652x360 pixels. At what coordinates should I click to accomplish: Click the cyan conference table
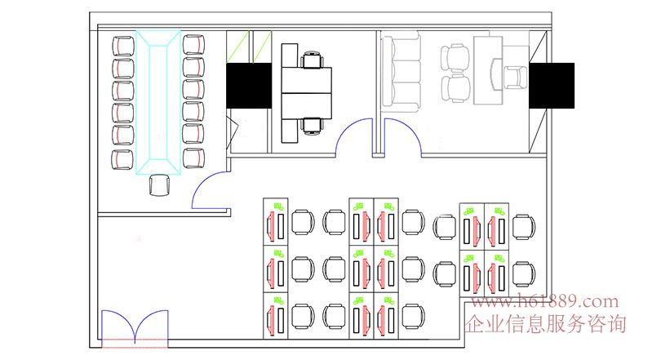[x=158, y=102]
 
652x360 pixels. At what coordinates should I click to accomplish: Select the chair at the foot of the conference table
[x=159, y=185]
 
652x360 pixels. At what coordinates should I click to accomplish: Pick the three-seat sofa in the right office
[x=401, y=73]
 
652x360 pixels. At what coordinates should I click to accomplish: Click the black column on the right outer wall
[x=552, y=86]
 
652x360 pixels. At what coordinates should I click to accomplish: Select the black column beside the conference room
[x=249, y=86]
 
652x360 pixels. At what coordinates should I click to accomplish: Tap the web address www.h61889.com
[x=545, y=301]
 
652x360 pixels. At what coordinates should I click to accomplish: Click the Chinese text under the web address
[x=546, y=324]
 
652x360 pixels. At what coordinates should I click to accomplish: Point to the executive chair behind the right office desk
[x=516, y=78]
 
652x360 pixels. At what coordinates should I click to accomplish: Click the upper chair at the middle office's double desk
[x=313, y=60]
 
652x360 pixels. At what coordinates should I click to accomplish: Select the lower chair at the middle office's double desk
[x=313, y=126]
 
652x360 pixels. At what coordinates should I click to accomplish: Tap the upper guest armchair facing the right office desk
[x=455, y=59]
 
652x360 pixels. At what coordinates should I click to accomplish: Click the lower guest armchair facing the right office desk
[x=455, y=88]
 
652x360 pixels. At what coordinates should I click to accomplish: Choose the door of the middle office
[x=353, y=138]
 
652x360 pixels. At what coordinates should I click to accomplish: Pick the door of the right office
[x=402, y=138]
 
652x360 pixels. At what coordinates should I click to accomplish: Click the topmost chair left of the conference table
[x=123, y=46]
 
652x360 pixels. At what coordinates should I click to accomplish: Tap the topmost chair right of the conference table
[x=193, y=45]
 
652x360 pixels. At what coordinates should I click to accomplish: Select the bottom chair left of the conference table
[x=122, y=159]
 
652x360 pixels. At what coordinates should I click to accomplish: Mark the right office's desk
[x=488, y=70]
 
